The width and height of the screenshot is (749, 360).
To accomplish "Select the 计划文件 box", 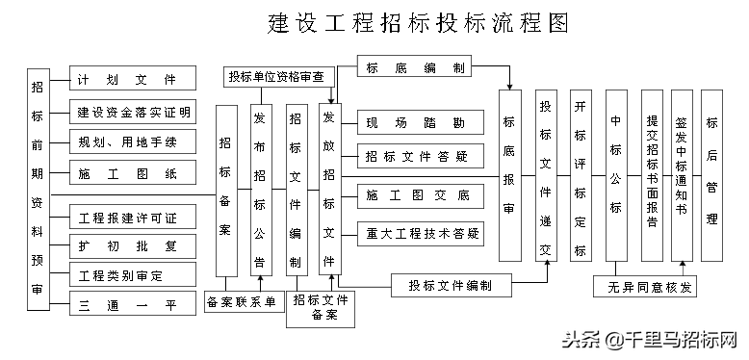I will [134, 79].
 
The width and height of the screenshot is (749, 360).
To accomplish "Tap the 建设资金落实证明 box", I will [134, 111].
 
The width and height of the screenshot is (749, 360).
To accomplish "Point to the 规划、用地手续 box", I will [134, 142].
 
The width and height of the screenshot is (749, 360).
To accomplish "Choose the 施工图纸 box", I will [134, 174].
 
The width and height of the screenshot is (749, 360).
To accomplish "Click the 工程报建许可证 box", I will [134, 214].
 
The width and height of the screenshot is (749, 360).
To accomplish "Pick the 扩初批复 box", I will [134, 245].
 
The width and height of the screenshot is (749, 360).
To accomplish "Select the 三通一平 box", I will [134, 307].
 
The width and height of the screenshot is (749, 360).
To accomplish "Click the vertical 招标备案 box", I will [225, 191].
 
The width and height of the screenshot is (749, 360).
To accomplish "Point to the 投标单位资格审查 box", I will [274, 76].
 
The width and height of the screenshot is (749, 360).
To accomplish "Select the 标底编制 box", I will [415, 66].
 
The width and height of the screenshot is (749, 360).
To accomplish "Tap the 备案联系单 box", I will [242, 302].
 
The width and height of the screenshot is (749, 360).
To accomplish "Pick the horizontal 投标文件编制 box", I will [450, 286].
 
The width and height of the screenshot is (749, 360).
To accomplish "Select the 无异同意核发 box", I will [644, 287].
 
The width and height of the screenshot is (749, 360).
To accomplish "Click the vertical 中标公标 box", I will [615, 178].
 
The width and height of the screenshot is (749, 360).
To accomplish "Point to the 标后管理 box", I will [712, 178].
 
